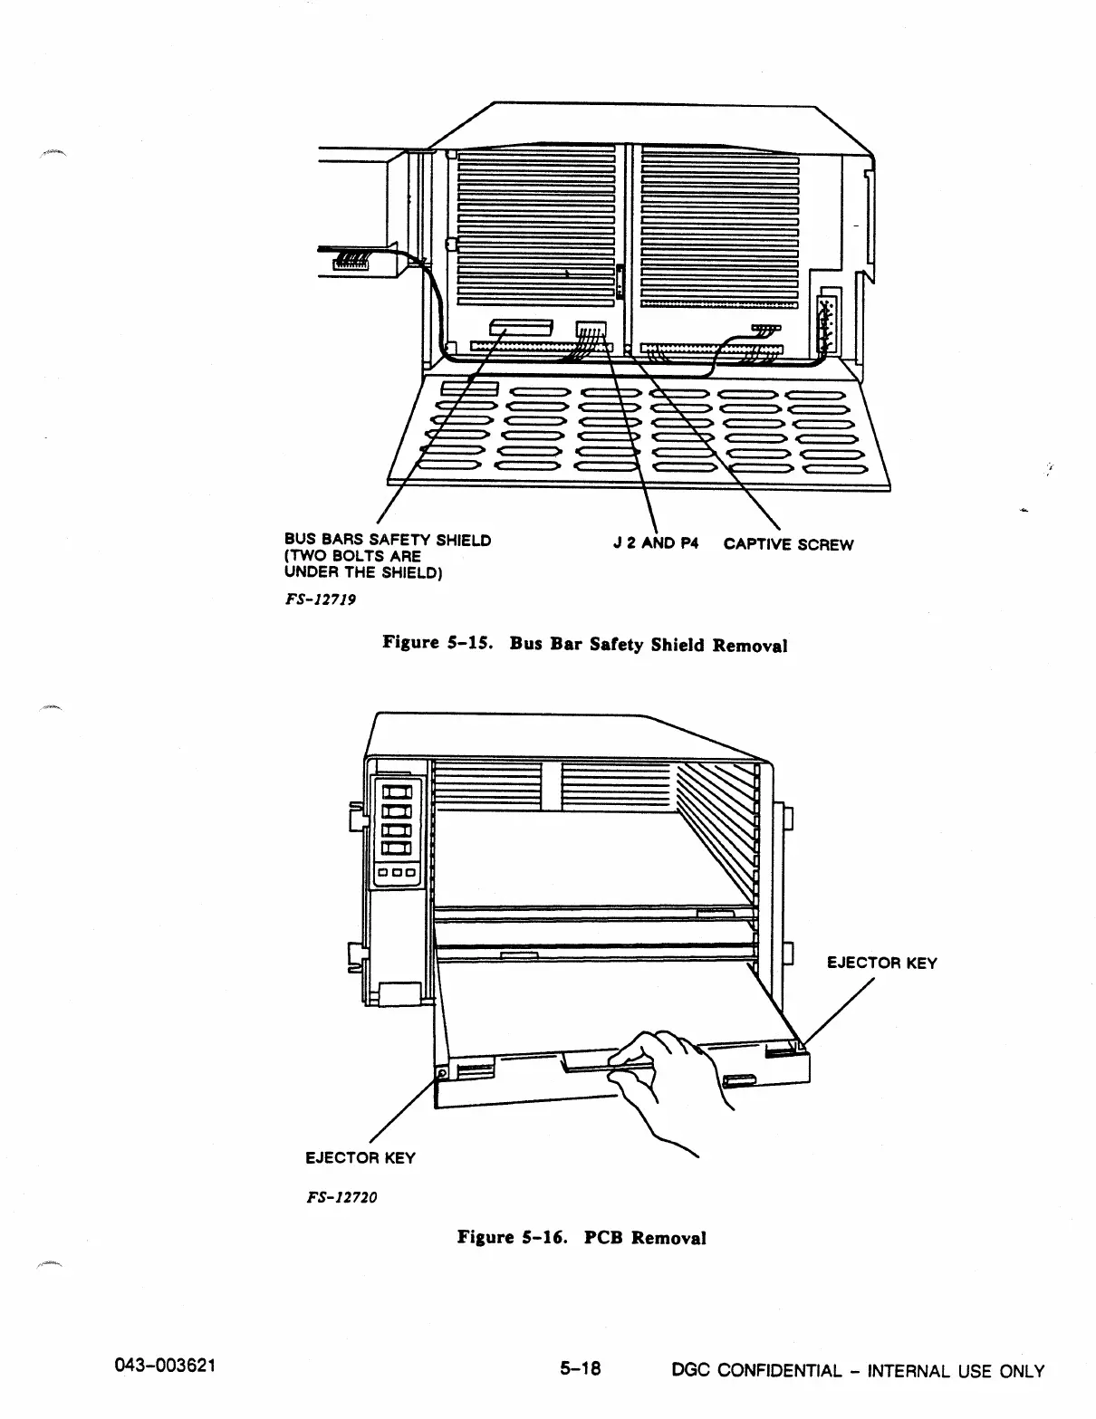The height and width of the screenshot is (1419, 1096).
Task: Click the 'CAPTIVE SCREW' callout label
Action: tap(788, 544)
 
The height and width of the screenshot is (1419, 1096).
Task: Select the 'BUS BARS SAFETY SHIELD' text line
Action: tap(388, 541)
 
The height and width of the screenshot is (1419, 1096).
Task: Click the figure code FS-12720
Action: tap(340, 1196)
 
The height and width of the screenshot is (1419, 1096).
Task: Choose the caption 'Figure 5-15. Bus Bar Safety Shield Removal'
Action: tap(584, 645)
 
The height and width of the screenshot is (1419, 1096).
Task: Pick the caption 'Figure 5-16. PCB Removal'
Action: tap(582, 1237)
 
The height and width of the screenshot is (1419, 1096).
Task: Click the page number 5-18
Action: tap(581, 1370)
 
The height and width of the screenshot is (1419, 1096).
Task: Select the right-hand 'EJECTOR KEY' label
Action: tap(881, 963)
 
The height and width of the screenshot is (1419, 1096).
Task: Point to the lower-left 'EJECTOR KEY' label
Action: tap(360, 1157)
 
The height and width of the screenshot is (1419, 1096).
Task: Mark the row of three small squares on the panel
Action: tap(397, 873)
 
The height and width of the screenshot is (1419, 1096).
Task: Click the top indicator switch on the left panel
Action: tap(397, 794)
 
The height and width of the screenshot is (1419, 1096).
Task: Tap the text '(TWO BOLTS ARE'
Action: tap(352, 556)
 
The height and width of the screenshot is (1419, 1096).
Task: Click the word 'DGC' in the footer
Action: tap(689, 1371)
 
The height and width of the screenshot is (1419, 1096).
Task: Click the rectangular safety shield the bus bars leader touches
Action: tap(521, 328)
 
